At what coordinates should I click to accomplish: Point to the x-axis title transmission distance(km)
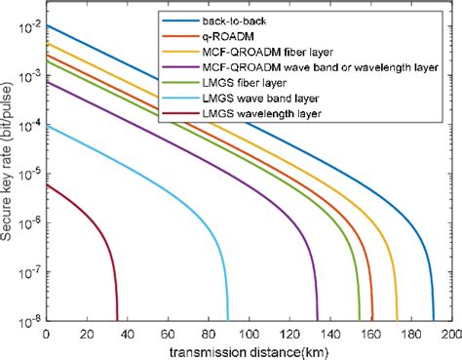coord(248,350)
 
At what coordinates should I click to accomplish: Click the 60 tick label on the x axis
coord(168,332)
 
